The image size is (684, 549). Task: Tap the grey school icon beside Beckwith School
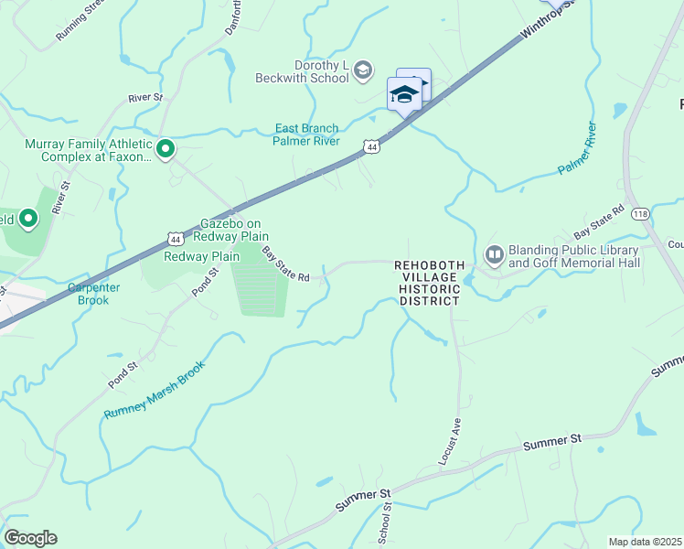click(363, 70)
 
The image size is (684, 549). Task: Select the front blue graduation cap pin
click(404, 94)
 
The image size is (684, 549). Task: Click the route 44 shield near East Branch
click(369, 146)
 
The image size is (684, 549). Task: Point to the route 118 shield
click(640, 213)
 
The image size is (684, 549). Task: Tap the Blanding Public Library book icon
click(495, 253)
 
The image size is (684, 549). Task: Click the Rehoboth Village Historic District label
click(429, 283)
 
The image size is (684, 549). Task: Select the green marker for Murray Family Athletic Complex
click(166, 148)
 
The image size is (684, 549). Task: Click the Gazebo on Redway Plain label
click(231, 230)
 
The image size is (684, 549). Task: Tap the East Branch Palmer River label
click(306, 135)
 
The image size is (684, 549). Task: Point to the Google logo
click(30, 538)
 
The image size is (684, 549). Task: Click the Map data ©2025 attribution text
click(645, 542)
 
